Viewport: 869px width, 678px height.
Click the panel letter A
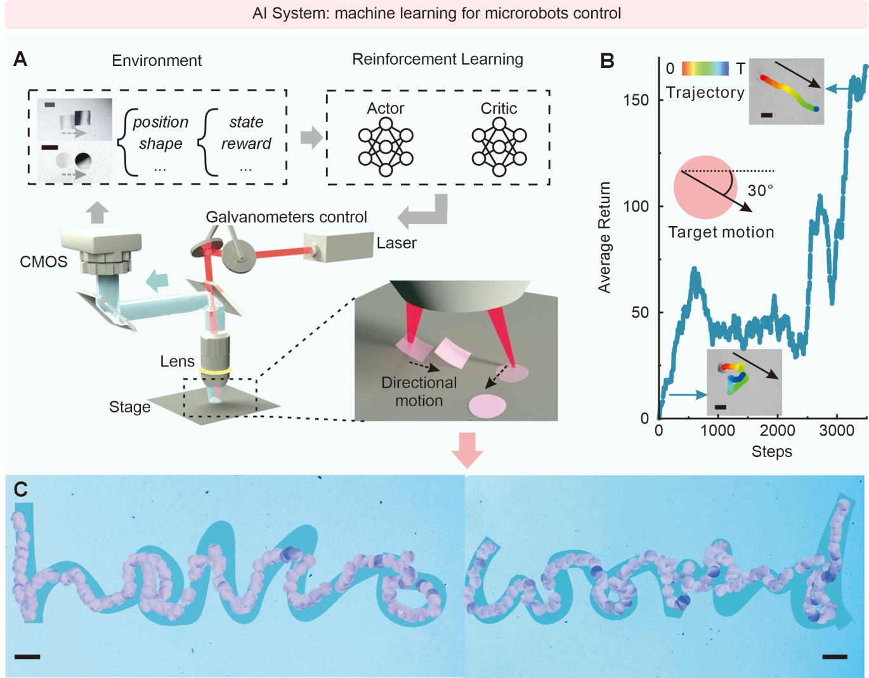(x=20, y=60)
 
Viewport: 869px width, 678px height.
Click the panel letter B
(x=607, y=61)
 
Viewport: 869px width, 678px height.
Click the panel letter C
(x=21, y=489)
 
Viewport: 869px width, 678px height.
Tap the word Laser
(x=396, y=243)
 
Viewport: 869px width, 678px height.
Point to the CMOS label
(x=44, y=262)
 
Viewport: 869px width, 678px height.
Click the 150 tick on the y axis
(x=636, y=100)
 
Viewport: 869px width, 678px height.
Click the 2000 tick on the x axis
(x=777, y=431)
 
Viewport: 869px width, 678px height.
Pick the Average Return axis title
(x=604, y=237)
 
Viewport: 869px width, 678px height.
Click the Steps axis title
(x=771, y=452)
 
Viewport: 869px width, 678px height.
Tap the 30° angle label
(x=760, y=190)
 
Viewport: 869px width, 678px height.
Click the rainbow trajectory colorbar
(x=705, y=68)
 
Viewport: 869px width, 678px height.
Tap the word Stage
(x=129, y=407)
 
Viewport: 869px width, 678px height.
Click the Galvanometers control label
(x=286, y=217)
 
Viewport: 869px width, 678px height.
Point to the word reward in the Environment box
(x=246, y=144)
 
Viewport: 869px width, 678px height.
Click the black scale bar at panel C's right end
(x=834, y=656)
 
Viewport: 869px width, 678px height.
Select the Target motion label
(x=721, y=232)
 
